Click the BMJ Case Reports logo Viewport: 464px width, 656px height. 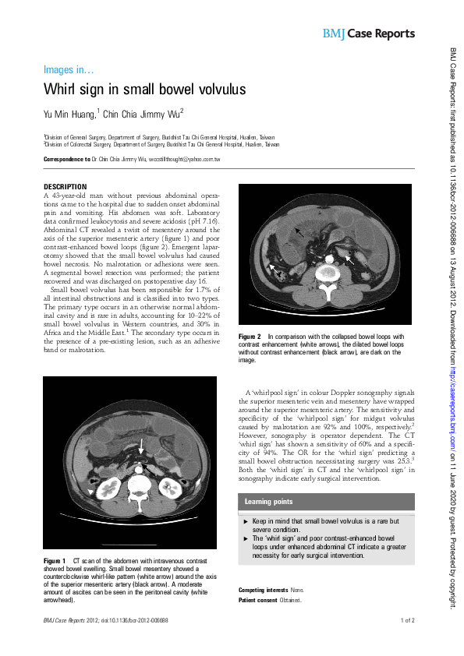(368, 34)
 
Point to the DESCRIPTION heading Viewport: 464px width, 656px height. (65, 187)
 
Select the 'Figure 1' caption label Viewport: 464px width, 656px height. (55, 561)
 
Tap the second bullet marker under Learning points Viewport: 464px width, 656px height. (246, 538)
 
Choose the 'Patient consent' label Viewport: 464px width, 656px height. (259, 601)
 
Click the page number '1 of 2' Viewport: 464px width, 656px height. (408, 621)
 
